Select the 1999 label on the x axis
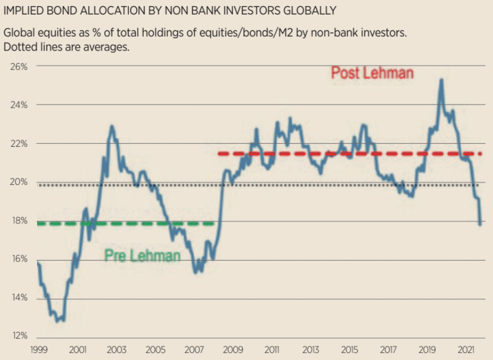[x=38, y=350]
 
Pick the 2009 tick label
[x=233, y=350]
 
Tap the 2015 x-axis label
[x=350, y=350]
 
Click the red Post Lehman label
[x=372, y=73]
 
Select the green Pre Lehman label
[x=143, y=256]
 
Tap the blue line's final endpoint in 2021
[x=480, y=224]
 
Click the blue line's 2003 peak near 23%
[x=112, y=126]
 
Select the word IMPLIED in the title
[x=24, y=10]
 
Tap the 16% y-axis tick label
[x=19, y=259]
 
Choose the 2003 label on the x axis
[x=117, y=350]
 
